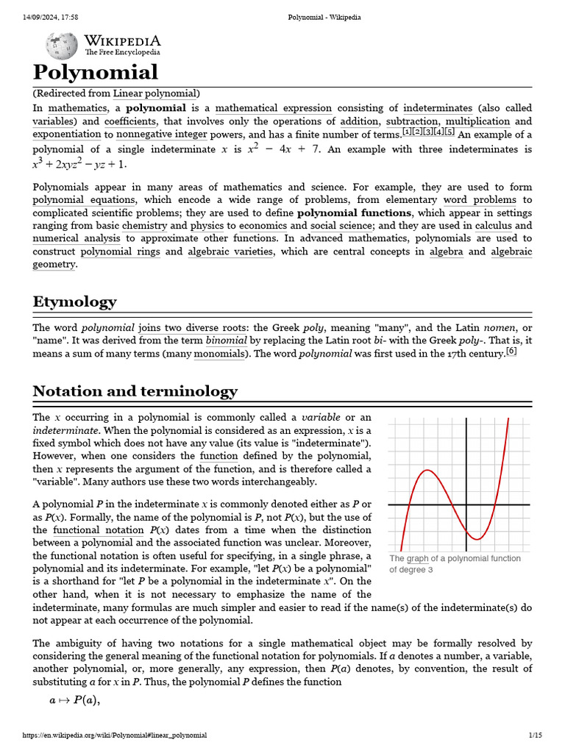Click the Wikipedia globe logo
[61, 46]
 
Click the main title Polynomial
[95, 72]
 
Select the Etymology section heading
[74, 301]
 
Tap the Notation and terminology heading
[135, 390]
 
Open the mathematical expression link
[273, 108]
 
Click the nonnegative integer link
[162, 135]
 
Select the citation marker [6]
[511, 351]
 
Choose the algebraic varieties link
[230, 251]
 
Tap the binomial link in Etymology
[227, 341]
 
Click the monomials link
[220, 354]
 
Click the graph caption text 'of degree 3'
[411, 570]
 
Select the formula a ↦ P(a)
[74, 700]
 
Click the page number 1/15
[535, 735]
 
